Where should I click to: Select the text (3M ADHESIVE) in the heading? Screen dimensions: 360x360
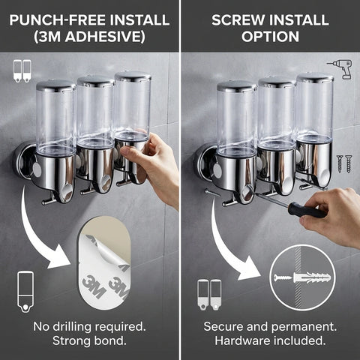tap(89, 35)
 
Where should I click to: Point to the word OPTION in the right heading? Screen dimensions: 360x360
tap(269, 35)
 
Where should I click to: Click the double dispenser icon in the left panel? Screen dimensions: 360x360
tap(22, 71)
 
